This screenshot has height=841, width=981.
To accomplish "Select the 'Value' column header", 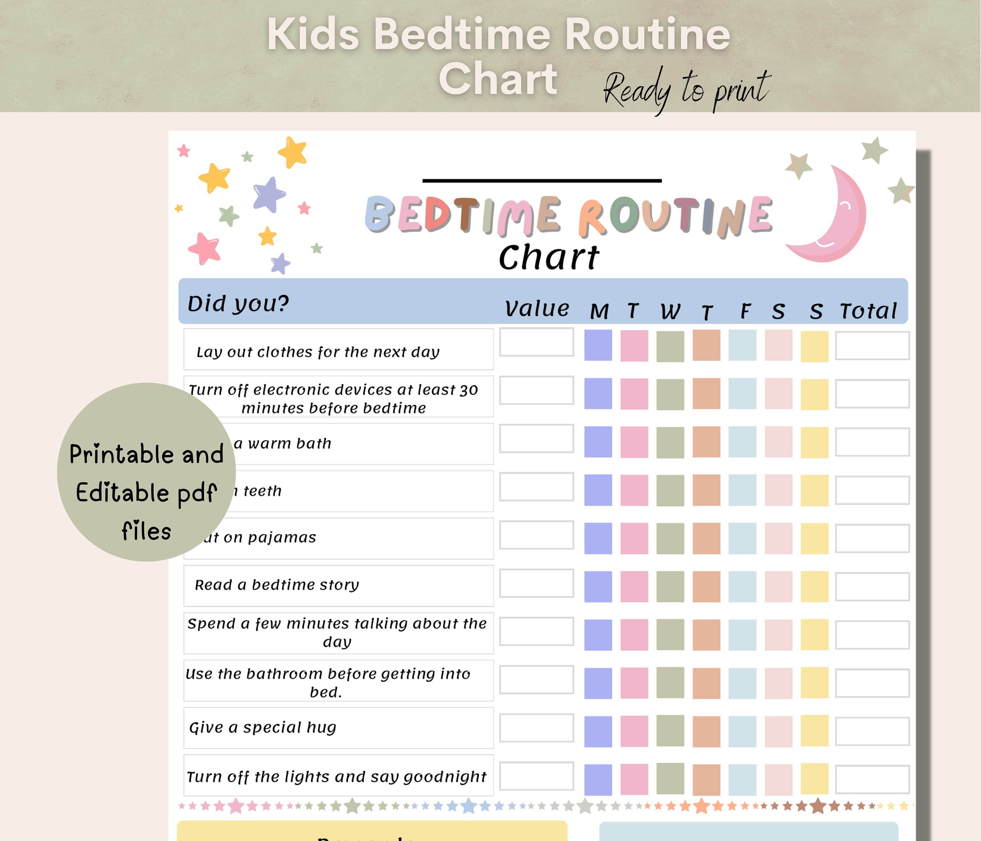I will point(536,309).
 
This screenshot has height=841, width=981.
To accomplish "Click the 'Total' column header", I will point(868,311).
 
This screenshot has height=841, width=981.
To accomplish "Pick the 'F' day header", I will point(745,311).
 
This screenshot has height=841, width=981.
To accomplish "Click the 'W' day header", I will point(670,311).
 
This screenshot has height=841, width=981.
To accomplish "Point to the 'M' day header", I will point(599,311).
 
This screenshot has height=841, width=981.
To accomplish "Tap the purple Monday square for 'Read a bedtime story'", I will point(598,586).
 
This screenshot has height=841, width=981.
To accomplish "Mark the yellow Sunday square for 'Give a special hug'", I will point(814,731).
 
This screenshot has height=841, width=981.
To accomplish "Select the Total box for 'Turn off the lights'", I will point(872,779).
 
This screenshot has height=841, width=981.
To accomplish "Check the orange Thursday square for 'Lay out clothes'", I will point(706,345).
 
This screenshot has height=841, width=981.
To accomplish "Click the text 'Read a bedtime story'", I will point(277,585).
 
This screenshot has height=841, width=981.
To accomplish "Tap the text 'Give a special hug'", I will point(262,727).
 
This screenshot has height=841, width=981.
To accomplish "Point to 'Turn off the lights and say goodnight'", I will point(336,777).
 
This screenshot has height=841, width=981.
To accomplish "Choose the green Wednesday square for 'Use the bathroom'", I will point(670,682).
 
